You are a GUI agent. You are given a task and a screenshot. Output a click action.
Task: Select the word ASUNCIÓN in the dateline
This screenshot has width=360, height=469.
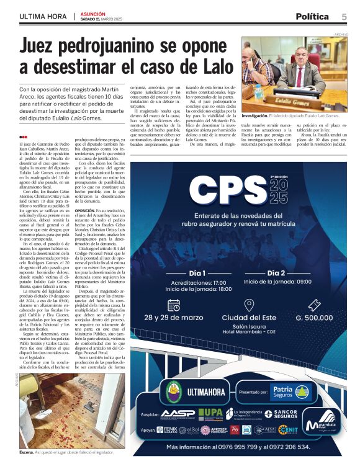click(93, 13)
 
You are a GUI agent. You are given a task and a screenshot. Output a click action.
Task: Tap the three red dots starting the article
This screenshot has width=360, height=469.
click(23, 137)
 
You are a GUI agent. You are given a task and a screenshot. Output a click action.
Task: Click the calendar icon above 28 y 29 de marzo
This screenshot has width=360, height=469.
click(174, 305)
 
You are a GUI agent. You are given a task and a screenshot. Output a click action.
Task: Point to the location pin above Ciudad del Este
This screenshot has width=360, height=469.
click(249, 305)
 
